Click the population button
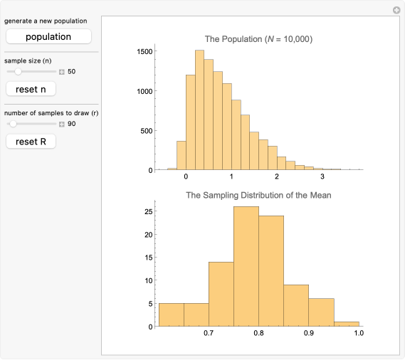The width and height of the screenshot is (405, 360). pyautogui.click(x=48, y=36)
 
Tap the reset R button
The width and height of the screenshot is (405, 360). pyautogui.click(x=31, y=142)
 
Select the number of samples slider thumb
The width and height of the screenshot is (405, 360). pyautogui.click(x=13, y=124)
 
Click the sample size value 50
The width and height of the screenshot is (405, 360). pyautogui.click(x=72, y=72)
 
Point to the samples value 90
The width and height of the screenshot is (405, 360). pyautogui.click(x=72, y=125)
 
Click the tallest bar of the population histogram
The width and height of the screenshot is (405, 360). pyautogui.click(x=199, y=110)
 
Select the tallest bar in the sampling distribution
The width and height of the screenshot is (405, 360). pyautogui.click(x=246, y=267)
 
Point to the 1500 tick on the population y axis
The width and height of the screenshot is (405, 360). pyautogui.click(x=142, y=51)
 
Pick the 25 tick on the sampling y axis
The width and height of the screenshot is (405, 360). pyautogui.click(x=147, y=211)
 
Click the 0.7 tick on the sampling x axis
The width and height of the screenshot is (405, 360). pyautogui.click(x=209, y=332)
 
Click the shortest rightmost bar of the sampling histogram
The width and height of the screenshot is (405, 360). pyautogui.click(x=346, y=324)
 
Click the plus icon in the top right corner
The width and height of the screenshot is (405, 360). pyautogui.click(x=396, y=10)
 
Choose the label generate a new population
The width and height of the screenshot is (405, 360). pyautogui.click(x=46, y=21)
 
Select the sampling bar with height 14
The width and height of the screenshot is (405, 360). pyautogui.click(x=221, y=295)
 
